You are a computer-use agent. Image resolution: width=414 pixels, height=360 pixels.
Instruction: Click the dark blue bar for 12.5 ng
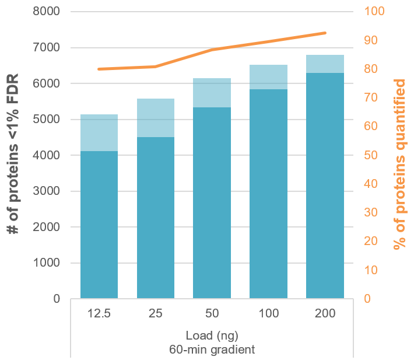99,225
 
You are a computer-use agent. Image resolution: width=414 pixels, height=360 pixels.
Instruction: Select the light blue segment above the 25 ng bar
156,118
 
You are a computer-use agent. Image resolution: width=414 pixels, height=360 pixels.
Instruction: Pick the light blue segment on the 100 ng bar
269,77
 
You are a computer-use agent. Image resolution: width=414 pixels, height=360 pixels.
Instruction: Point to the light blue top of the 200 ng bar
325,64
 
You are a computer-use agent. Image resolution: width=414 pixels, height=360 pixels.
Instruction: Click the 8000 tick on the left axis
48,12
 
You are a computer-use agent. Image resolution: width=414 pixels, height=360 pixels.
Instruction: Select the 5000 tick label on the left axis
48,120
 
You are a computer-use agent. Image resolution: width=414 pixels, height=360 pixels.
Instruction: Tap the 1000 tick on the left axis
48,263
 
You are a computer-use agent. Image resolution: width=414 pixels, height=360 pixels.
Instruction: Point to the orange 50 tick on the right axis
371,155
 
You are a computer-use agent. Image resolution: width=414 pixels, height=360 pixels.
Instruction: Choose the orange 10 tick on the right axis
371,270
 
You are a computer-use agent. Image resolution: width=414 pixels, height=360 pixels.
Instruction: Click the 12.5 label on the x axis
99,314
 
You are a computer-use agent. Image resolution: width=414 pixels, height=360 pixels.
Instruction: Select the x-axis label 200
325,314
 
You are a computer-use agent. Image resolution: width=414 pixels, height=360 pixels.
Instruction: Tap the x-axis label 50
212,314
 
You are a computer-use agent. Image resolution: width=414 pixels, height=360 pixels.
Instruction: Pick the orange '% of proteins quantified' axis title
400,165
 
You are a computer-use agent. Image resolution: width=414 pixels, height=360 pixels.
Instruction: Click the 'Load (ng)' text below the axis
212,336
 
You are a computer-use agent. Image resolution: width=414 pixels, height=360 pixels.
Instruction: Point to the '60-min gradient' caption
212,349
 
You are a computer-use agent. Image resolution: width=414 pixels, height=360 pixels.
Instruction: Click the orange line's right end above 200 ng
325,33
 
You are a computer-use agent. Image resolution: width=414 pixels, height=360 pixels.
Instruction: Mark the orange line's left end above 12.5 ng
99,69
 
